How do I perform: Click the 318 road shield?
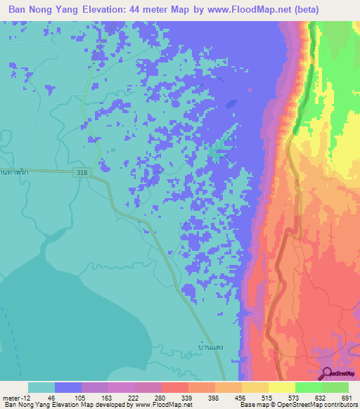(82, 173)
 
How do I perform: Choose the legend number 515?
(264, 397)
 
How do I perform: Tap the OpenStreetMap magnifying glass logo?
(326, 372)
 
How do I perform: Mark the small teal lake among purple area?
(219, 148)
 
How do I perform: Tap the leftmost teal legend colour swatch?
(41, 387)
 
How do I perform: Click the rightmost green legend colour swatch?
(335, 387)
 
